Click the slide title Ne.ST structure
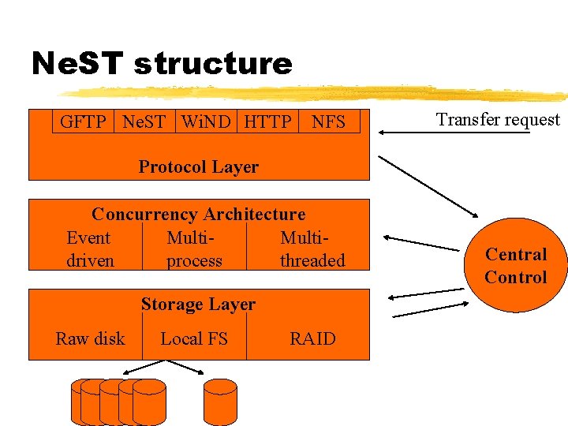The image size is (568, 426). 162,63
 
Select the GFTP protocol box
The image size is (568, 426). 83,121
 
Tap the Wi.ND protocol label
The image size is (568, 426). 205,121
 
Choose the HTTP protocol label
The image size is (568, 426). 267,121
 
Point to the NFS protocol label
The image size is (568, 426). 328,121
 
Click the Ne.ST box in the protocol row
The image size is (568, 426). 144,121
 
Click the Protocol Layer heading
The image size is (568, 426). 198,166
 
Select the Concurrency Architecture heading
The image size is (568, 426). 198,214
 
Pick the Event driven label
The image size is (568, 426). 89,249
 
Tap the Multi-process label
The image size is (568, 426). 194,249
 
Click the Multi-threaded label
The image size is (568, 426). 312,249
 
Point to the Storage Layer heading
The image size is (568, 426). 198,304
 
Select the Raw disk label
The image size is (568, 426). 90,338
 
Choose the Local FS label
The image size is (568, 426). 194,338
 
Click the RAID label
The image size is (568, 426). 312,338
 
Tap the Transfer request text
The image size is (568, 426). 498,120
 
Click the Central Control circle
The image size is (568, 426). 516,265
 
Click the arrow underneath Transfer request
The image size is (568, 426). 454,133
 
